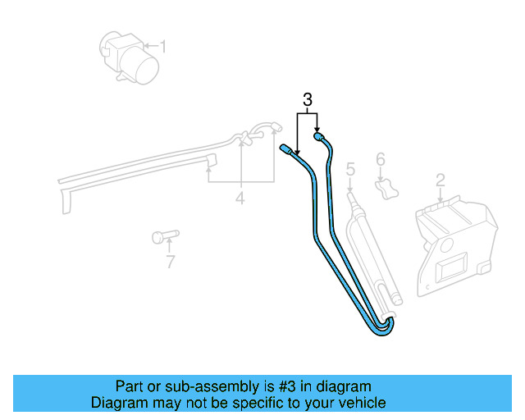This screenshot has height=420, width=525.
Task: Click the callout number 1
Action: point(162,47)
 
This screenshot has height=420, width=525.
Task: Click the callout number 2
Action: point(440,180)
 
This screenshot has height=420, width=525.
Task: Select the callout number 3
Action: point(307,100)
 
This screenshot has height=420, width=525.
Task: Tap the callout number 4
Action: point(240,198)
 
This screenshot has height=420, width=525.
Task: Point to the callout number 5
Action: point(350,170)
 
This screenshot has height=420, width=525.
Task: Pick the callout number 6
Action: point(380,159)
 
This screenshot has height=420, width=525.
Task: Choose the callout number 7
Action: point(170,262)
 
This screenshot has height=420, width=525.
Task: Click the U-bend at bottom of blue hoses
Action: point(382,327)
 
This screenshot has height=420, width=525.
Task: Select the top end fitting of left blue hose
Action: point(286,149)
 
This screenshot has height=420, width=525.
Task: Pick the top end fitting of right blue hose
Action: point(319,138)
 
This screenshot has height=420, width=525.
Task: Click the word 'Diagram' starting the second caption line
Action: point(116,403)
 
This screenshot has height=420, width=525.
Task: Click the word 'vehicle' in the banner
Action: point(360,403)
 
